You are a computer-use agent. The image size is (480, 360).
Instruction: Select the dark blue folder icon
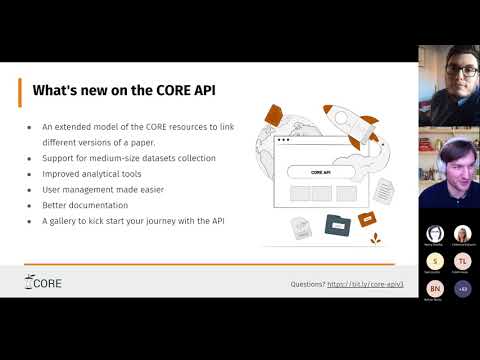338,226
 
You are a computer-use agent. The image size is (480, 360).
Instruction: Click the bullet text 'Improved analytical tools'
92,173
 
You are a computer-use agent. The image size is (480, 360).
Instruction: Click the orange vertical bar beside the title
21,90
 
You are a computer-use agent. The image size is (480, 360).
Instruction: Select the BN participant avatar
435,288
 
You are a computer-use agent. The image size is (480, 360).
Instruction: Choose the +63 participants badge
462,288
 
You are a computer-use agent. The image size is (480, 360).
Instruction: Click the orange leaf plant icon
377,237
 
